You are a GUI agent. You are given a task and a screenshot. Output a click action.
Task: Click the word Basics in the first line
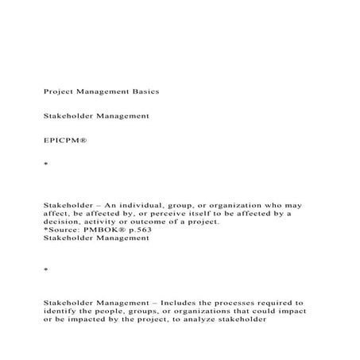[x=144, y=91]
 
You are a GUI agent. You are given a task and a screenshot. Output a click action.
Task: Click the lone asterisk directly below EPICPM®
[x=45, y=165]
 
